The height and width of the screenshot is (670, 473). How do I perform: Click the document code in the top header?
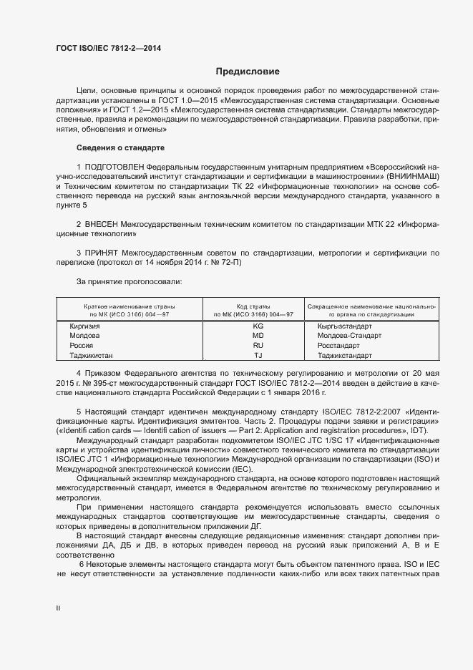pyautogui.click(x=108, y=48)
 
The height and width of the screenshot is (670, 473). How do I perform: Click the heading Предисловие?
pyautogui.click(x=248, y=72)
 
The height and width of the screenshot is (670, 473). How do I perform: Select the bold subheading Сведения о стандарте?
pyautogui.click(x=120, y=147)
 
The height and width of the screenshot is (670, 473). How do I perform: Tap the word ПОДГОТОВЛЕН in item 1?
pyautogui.click(x=117, y=166)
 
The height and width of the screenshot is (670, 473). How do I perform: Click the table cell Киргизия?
pyautogui.click(x=84, y=326)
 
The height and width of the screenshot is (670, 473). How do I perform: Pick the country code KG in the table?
pyautogui.click(x=258, y=326)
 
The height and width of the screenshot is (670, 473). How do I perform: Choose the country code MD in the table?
pyautogui.click(x=258, y=335)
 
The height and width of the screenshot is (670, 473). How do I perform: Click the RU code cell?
pyautogui.click(x=258, y=345)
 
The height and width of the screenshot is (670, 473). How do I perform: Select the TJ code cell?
pyautogui.click(x=258, y=355)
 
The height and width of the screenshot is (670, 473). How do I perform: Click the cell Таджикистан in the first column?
pyautogui.click(x=91, y=355)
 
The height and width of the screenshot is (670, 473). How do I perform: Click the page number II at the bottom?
pyautogui.click(x=59, y=608)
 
